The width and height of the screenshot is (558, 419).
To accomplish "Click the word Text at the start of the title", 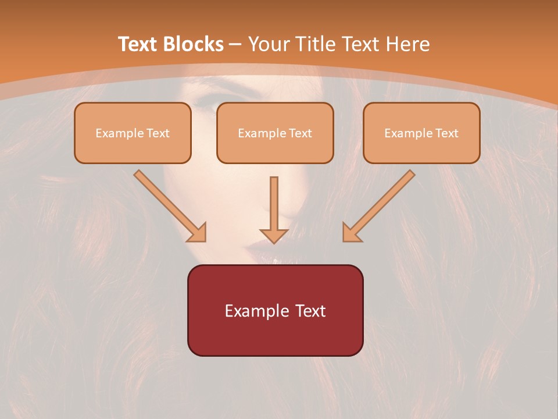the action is tap(137, 44).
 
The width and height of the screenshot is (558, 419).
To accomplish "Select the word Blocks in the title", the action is tap(193, 44).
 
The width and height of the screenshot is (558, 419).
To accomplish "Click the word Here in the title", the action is tap(408, 44).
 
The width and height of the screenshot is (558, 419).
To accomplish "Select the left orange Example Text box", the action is tap(133, 133).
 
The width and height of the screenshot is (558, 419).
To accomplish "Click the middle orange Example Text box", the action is tap(275, 133).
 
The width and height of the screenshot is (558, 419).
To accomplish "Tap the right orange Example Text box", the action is tap(422, 133).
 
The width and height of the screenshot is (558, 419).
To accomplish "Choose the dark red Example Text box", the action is tap(276, 310).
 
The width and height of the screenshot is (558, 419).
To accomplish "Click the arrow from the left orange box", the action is tap(170, 206).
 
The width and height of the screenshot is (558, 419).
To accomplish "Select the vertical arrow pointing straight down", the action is tap(274, 210).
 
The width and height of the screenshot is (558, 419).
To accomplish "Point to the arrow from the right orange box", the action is tap(378, 206).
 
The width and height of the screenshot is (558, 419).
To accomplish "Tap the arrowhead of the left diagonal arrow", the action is tap(198, 234).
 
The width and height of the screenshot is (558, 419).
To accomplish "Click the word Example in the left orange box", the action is tap(119, 134).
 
